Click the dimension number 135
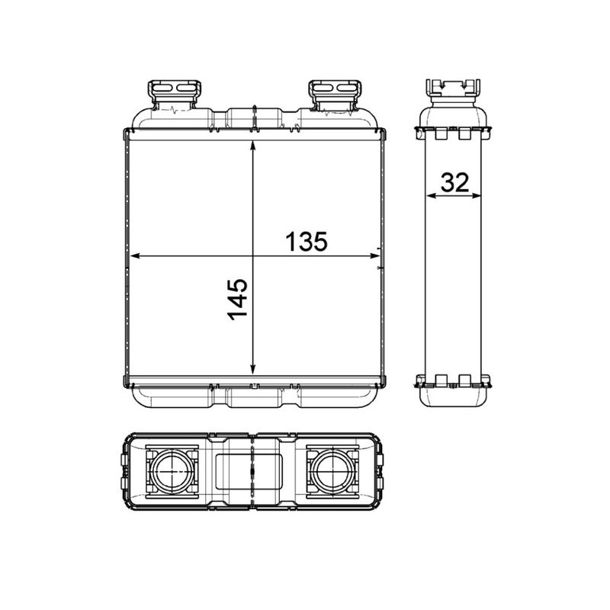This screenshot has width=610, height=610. tap(307, 241)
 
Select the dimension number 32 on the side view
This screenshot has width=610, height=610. tap(454, 182)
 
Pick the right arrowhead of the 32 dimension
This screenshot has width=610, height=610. tap(478, 196)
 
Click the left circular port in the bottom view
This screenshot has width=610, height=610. tap(173, 472)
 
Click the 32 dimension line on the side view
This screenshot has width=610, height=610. tap(454, 196)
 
